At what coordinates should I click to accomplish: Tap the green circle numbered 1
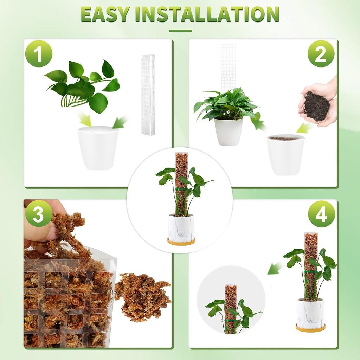tap(39, 54)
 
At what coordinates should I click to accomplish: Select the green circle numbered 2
tap(321, 54)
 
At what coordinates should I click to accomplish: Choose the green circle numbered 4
tap(321, 214)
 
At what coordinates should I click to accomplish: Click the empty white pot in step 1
tap(98, 148)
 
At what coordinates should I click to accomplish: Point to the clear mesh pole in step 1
tap(148, 95)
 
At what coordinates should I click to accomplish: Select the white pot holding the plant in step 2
tap(229, 131)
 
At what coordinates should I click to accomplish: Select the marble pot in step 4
tap(310, 312)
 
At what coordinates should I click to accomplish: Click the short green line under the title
tap(180, 31)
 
